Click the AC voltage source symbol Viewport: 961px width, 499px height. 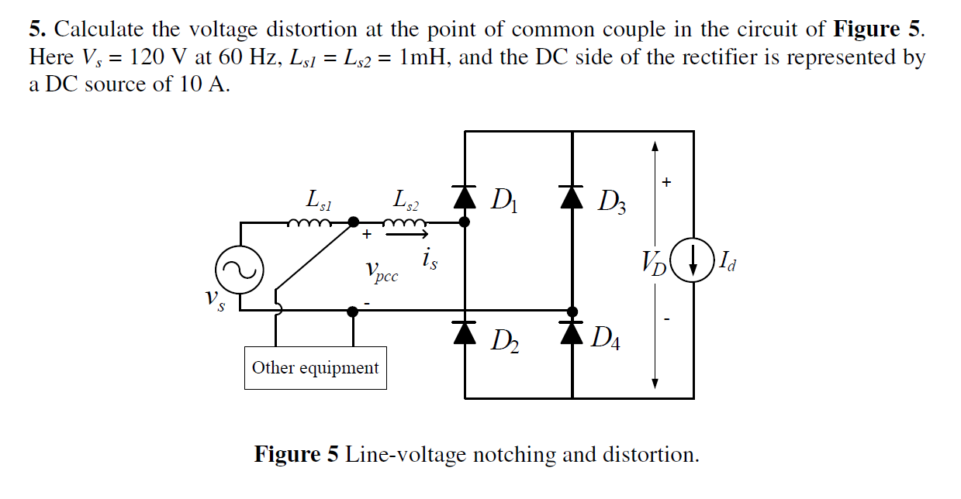(240, 270)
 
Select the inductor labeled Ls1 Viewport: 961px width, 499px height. (310, 223)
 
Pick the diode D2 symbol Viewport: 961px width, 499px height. (465, 332)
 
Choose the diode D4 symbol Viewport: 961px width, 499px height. (572, 332)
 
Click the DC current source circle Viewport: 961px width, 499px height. (692, 262)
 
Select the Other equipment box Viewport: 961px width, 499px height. (316, 367)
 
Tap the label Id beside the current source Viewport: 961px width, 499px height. (727, 263)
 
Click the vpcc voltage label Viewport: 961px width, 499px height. (381, 271)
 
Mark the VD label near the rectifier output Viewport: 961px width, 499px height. (653, 264)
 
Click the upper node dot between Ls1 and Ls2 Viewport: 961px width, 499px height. (353, 222)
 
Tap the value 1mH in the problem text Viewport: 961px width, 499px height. (426, 57)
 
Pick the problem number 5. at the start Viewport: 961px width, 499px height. (38, 30)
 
